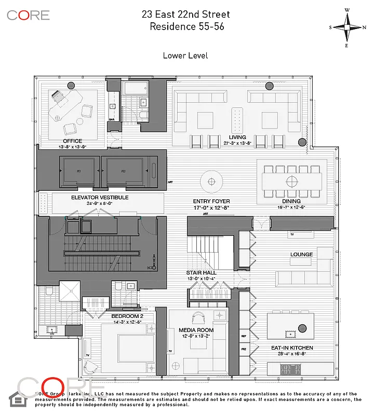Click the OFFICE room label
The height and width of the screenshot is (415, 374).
73,141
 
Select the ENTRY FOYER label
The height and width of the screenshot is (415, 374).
211,201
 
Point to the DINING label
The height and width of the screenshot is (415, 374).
291,201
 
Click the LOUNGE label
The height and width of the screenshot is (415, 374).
301,255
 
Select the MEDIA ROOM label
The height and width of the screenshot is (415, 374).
196,330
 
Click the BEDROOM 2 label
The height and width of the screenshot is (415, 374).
127,316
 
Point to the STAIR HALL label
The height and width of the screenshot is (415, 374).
201,272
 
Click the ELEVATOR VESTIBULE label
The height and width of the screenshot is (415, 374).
100,198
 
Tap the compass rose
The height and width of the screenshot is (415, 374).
348,27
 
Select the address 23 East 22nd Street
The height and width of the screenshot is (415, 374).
186,15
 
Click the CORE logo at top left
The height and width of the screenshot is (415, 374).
29,15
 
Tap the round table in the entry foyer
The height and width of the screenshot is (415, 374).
211,182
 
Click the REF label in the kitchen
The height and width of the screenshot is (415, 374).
244,336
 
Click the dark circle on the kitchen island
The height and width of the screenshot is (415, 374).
302,328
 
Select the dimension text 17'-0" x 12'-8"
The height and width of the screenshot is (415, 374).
211,208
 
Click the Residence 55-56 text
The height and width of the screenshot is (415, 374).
186,26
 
